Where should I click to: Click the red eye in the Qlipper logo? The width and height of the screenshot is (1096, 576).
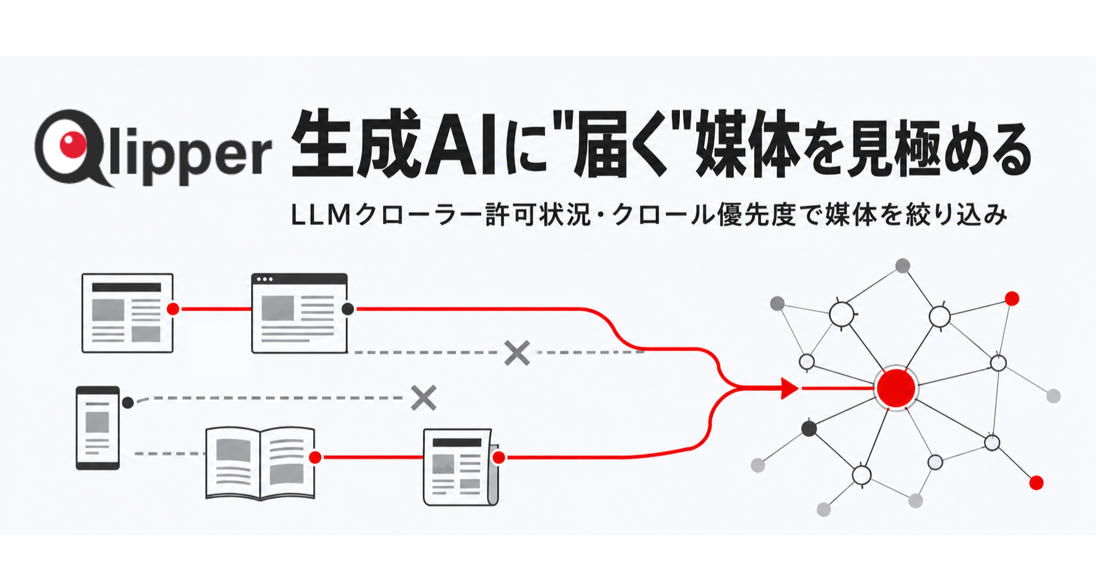pos(73,144)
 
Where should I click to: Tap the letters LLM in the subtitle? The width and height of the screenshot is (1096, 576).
pos(320,215)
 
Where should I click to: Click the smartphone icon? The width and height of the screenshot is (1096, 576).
pos(98,428)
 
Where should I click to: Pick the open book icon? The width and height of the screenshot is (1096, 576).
pos(260,463)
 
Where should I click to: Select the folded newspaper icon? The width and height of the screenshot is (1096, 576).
pos(460,467)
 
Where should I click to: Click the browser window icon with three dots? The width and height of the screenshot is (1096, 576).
pos(299,313)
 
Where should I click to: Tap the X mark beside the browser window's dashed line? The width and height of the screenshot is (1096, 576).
pos(517,353)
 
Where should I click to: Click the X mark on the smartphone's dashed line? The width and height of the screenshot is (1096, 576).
pos(424,398)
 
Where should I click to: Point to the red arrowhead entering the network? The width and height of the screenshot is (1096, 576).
pos(790,388)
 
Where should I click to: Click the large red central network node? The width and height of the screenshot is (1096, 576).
pos(896,387)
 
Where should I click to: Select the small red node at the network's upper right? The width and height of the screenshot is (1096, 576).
pos(1012,298)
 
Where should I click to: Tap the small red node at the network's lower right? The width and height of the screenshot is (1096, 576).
pos(1036,483)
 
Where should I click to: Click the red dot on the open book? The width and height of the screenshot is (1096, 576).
pos(315,458)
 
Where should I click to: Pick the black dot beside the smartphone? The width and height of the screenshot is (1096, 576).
pos(127,402)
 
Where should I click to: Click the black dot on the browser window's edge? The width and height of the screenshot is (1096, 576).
pos(348,309)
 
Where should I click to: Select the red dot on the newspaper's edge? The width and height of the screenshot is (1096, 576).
pos(498,458)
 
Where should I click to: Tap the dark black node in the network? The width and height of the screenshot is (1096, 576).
pos(809,429)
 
